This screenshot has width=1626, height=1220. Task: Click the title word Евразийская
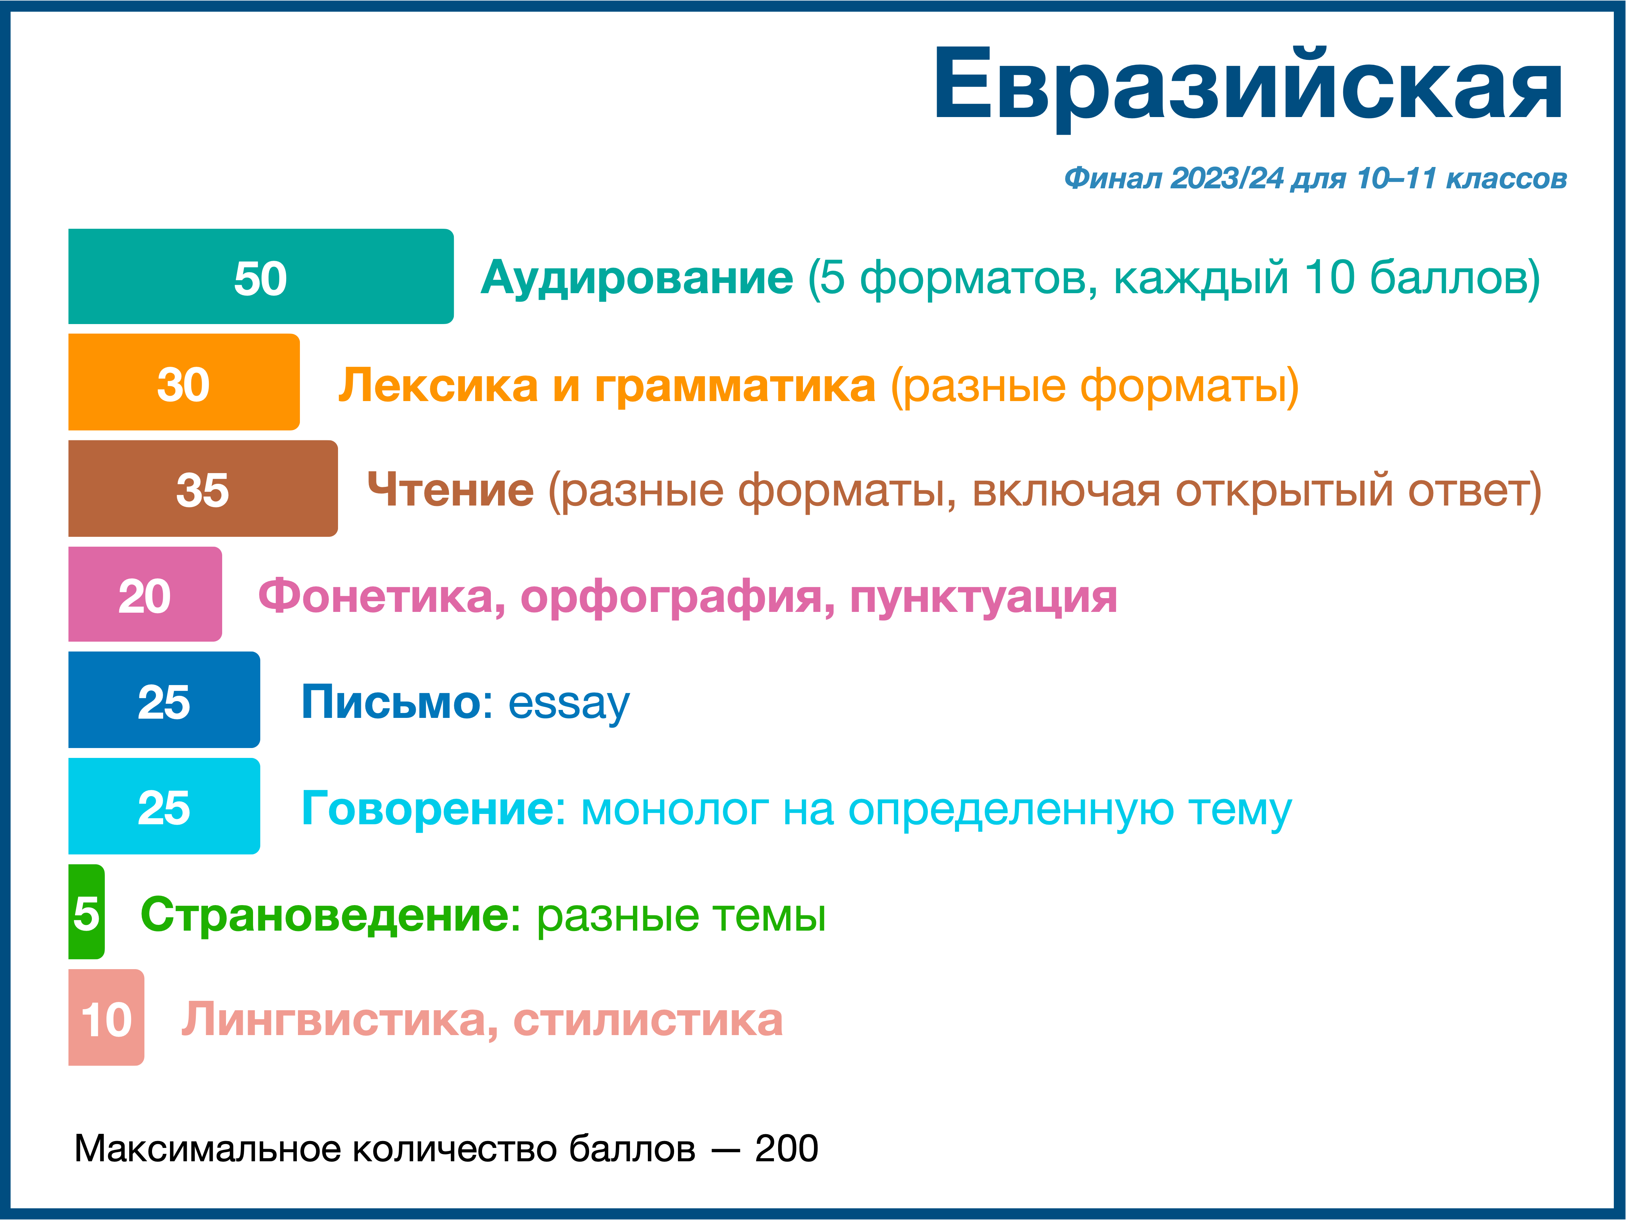1248,85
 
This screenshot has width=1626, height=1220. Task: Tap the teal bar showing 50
261,276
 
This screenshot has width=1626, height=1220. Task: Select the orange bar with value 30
184,382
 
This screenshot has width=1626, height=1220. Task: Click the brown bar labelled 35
203,488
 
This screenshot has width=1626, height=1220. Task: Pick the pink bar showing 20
145,594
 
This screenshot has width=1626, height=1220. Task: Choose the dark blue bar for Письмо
164,700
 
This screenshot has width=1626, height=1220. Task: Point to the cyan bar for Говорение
164,806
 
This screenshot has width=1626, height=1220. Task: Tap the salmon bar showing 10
106,1018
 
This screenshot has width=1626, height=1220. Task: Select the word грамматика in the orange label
735,386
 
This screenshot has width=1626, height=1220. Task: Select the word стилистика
647,1021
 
